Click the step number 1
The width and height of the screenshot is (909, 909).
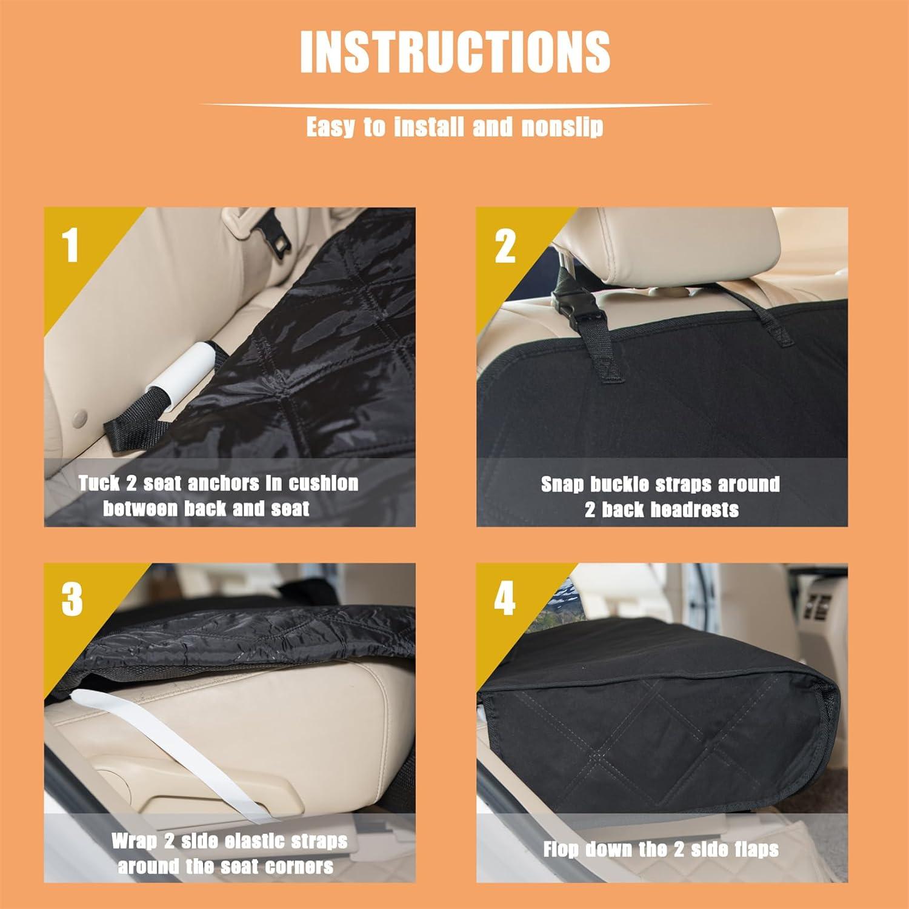point(72,245)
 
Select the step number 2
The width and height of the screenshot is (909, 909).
point(505,247)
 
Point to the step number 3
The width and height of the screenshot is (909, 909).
point(72,599)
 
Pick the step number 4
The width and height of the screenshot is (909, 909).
point(505,599)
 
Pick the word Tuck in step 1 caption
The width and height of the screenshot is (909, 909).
point(99,484)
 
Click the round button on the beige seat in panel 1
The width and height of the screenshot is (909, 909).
point(78,418)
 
